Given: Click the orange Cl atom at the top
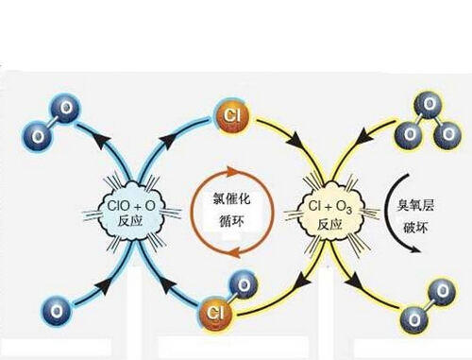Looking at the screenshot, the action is coord(232,116).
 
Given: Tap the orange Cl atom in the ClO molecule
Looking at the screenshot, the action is coord(216,313).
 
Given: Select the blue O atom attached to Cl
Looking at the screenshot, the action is coord(243,286).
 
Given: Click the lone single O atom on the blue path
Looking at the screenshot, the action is coord(56,311).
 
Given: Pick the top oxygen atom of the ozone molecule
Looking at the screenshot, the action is coord(429,105).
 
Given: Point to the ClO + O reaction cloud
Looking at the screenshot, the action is coord(131,212).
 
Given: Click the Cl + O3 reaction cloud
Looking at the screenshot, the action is coord(329,212).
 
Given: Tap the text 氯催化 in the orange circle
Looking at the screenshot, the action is coord(232,199).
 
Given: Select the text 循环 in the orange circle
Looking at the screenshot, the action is coord(231,220).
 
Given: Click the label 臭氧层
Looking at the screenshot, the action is coord(415,205).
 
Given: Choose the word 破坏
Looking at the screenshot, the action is coord(415,228).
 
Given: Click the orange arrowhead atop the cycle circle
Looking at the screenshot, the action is coord(233,171).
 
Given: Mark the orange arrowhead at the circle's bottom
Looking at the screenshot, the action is coord(233,252).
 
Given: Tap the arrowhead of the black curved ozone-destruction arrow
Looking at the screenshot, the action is coord(414,248).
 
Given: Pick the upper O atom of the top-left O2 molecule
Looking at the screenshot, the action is coord(65,109).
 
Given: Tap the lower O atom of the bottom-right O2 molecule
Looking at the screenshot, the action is coord(414,320).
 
